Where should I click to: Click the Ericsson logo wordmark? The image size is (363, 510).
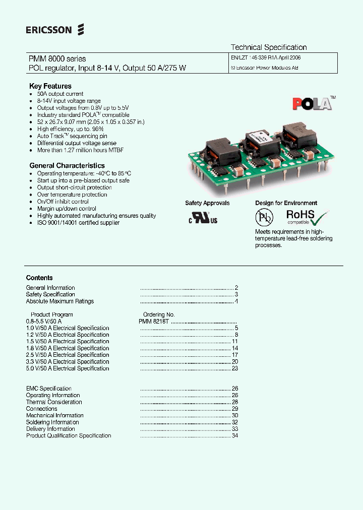49,30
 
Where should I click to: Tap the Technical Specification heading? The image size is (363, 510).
269,47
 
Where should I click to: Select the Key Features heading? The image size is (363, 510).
50,86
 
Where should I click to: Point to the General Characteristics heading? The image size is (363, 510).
67,165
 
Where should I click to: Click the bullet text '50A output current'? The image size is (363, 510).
60,94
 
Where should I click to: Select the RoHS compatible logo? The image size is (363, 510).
308,217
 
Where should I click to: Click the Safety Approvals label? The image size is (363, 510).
207,203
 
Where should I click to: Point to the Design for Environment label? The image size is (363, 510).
286,203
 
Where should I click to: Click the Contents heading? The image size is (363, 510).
39,278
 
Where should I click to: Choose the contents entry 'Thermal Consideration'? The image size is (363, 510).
54,402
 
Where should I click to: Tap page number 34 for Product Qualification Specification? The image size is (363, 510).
234,436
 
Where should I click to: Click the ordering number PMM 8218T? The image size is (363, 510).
154,322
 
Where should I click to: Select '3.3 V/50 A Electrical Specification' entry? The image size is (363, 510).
68,362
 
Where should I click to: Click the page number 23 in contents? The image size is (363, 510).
234,368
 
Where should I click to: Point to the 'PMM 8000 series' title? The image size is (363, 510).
57,59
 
